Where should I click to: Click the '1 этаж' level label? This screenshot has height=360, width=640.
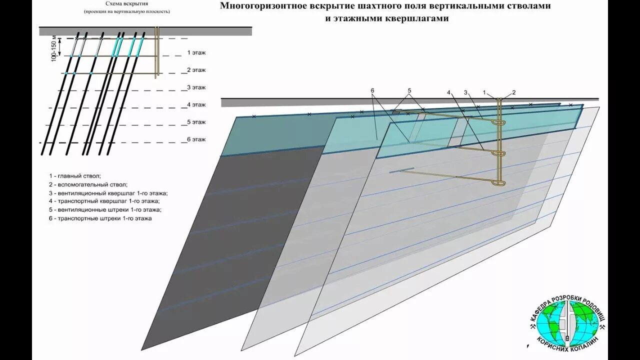pyautogui.click(x=196, y=52)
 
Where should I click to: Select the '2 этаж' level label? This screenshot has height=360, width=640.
pyautogui.click(x=196, y=70)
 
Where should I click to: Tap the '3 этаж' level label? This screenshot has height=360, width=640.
pyautogui.click(x=196, y=87)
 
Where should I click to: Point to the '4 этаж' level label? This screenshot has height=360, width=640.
pyautogui.click(x=196, y=105)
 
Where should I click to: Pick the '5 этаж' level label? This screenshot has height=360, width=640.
pyautogui.click(x=196, y=122)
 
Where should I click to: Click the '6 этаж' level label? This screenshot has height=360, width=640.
pyautogui.click(x=196, y=139)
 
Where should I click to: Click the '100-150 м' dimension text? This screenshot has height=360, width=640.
pyautogui.click(x=54, y=48)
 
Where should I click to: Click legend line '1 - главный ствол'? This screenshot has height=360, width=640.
pyautogui.click(x=75, y=176)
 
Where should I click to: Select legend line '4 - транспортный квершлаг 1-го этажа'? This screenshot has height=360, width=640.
pyautogui.click(x=105, y=201)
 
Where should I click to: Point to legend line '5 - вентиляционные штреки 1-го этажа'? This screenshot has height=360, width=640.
pyautogui.click(x=105, y=210)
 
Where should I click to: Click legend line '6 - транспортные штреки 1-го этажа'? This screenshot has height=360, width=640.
pyautogui.click(x=100, y=218)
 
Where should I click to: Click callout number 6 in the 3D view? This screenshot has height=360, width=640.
pyautogui.click(x=372, y=90)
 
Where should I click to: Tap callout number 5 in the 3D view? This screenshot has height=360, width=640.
pyautogui.click(x=409, y=90)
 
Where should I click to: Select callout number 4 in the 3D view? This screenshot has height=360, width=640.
pyautogui.click(x=449, y=92)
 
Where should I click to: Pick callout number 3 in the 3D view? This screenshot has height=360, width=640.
pyautogui.click(x=465, y=92)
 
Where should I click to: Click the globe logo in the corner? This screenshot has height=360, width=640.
pyautogui.click(x=568, y=323)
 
